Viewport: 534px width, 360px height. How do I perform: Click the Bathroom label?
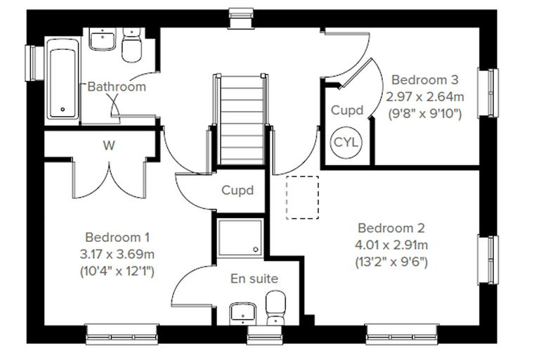pyautogui.click(x=117, y=86)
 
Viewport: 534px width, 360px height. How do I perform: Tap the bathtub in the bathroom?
pyautogui.click(x=63, y=79)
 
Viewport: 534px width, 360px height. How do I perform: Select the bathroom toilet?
pyautogui.click(x=131, y=46)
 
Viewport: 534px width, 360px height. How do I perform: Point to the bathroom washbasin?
pyautogui.click(x=102, y=39)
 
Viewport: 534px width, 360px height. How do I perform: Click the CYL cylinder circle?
pyautogui.click(x=346, y=142)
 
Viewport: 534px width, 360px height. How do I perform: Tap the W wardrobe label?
pyautogui.click(x=109, y=146)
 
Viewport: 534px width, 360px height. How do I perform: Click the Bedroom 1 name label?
pyautogui.click(x=117, y=237)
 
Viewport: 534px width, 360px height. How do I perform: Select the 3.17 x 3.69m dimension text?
pyautogui.click(x=117, y=255)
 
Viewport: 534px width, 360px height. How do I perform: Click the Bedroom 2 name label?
pyautogui.click(x=391, y=228)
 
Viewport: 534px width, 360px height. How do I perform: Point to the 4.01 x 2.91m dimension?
pyautogui.click(x=391, y=245)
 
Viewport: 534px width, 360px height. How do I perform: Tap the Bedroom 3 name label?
pyautogui.click(x=424, y=79)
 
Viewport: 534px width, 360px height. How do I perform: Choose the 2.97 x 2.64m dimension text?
pyautogui.click(x=424, y=97)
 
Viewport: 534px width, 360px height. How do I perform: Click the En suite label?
pyautogui.click(x=254, y=278)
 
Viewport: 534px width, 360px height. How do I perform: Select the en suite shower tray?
pyautogui.click(x=240, y=238)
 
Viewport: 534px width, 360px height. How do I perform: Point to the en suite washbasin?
pyautogui.click(x=243, y=314)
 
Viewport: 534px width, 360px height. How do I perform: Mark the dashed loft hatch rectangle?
pyautogui.click(x=302, y=198)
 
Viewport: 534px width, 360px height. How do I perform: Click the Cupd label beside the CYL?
pyautogui.click(x=347, y=110)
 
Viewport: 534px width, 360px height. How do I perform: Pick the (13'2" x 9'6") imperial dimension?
pyautogui.click(x=391, y=262)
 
